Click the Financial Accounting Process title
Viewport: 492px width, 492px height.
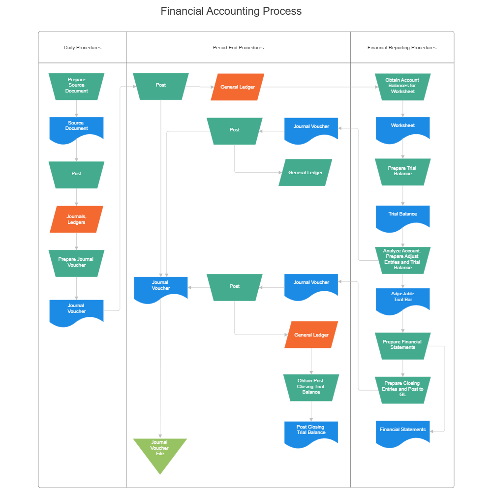[231, 11]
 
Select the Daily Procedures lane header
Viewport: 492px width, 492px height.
[83, 48]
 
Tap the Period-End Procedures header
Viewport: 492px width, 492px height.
[238, 48]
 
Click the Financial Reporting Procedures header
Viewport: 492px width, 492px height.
[401, 48]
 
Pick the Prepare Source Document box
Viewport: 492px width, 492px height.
[76, 86]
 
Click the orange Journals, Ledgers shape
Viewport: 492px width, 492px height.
[76, 219]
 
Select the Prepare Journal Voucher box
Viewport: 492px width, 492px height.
[76, 263]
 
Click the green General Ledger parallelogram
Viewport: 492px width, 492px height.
[306, 173]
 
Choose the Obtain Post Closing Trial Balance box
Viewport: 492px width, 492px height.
[311, 387]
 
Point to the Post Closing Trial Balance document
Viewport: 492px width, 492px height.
[311, 431]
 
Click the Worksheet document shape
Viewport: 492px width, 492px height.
[402, 127]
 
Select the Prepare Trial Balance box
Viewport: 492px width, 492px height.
[402, 171]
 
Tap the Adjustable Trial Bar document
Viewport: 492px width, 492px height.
[402, 298]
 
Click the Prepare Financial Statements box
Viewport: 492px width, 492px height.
[402, 345]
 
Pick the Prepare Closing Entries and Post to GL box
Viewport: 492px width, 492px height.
[402, 389]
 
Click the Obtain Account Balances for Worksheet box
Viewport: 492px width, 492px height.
[402, 86]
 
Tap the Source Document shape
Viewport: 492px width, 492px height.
[76, 127]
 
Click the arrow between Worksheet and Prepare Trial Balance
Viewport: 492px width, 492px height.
[402, 150]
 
